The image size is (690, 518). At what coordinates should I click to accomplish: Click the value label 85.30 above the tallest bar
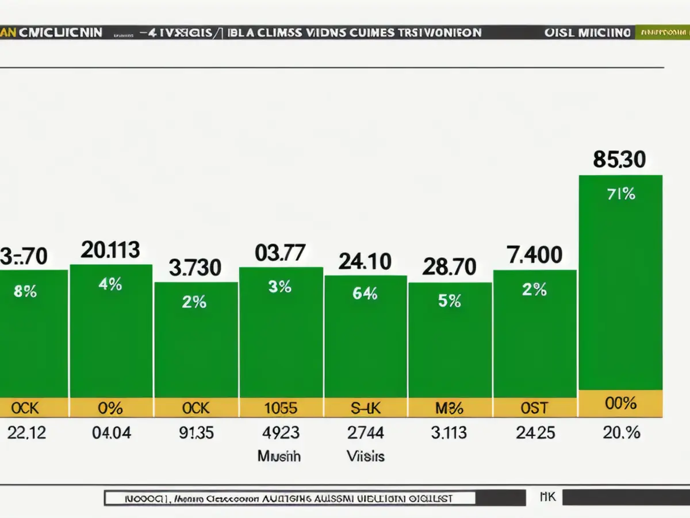coord(619,159)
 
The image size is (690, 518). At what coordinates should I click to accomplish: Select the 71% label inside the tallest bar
coord(620,195)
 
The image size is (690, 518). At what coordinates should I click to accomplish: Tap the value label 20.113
coord(110,250)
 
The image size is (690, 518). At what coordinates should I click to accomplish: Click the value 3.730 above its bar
coord(195,267)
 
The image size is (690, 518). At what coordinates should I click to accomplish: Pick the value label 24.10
coord(365,262)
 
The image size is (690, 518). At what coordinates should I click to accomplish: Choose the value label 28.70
coord(449,266)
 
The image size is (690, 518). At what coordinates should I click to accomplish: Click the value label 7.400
coord(534,254)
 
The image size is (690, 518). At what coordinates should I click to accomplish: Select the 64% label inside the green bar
coord(365,294)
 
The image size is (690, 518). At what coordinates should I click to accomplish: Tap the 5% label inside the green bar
coord(449,300)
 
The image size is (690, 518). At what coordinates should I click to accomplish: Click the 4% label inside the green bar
coord(110,284)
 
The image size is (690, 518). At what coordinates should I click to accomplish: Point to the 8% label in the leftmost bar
coord(25,292)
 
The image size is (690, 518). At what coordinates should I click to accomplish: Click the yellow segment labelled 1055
coord(280,408)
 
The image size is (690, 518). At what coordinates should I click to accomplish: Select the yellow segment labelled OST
coord(534,408)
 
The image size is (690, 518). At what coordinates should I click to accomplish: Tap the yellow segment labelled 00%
coord(620,403)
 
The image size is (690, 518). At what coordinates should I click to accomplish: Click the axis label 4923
coord(280,433)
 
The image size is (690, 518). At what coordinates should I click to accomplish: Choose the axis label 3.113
coord(449,433)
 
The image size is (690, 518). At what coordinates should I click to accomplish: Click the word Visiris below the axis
coord(365,456)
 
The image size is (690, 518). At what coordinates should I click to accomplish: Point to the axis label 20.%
coord(620,433)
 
